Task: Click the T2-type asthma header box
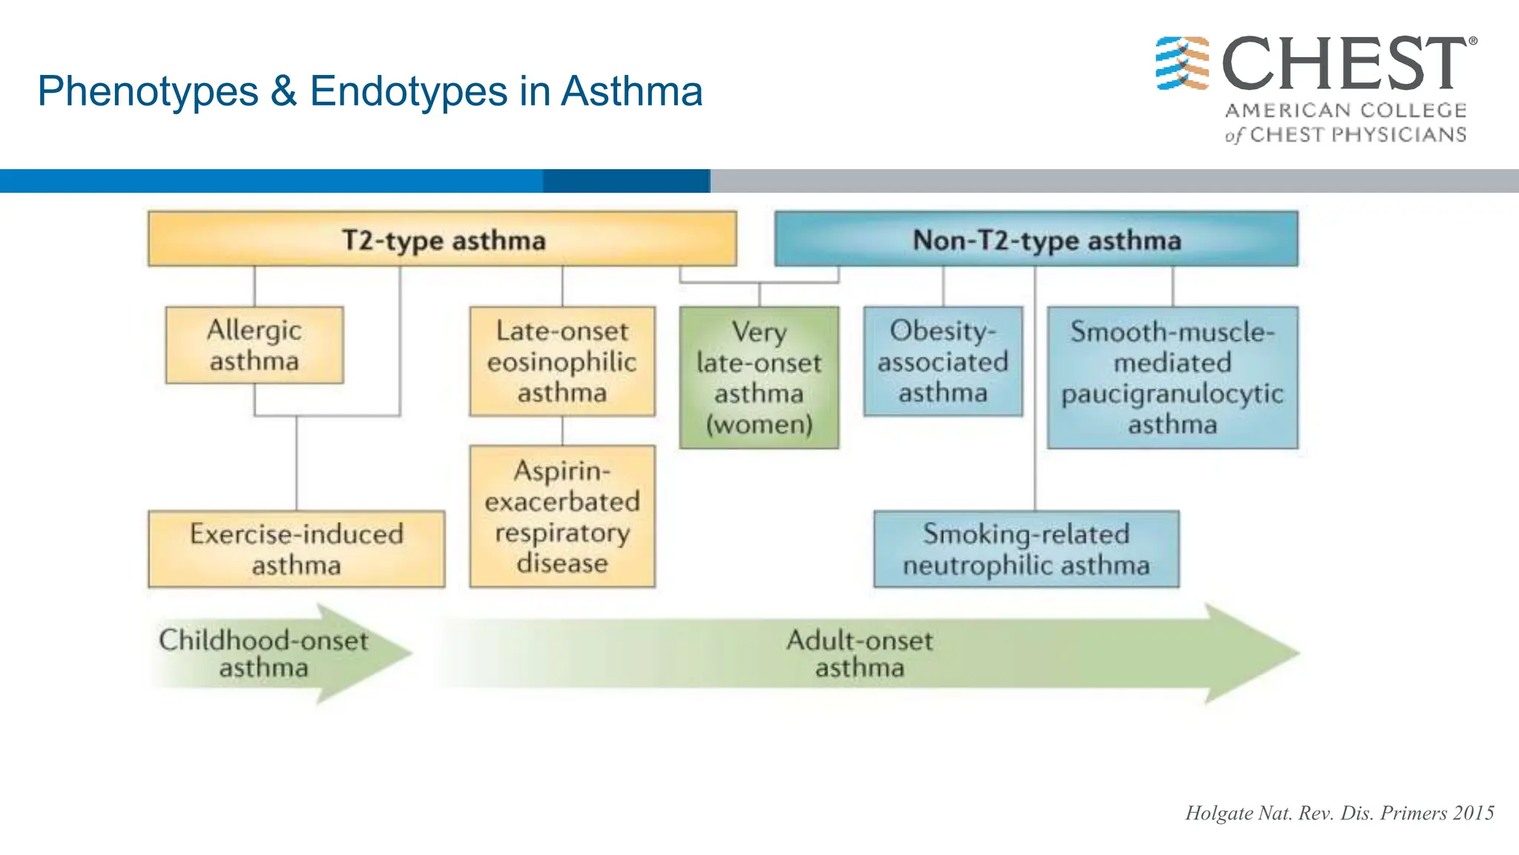tap(443, 240)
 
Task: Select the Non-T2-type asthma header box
tap(1036, 240)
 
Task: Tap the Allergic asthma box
tap(254, 345)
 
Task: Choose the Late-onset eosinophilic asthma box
tap(562, 361)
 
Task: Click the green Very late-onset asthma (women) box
tap(759, 377)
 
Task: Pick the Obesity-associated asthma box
tap(943, 361)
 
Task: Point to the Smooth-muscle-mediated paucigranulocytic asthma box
tap(1172, 377)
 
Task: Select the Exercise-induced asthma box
tap(296, 549)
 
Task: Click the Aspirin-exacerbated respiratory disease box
tap(562, 517)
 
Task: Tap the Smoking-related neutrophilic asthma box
tap(1026, 549)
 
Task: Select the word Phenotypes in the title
tap(148, 91)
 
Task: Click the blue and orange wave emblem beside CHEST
tap(1182, 63)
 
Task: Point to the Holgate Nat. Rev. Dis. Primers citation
tap(1339, 813)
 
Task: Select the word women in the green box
tap(759, 425)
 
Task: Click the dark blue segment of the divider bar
tap(627, 181)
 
